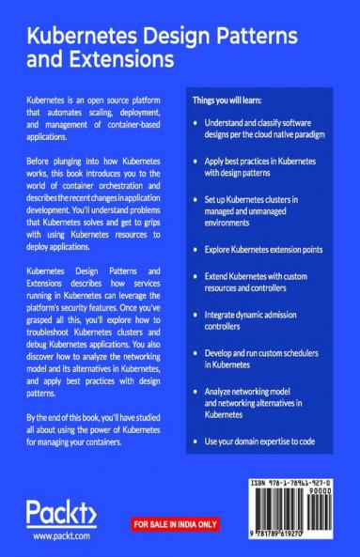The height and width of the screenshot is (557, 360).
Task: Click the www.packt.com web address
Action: click(x=61, y=536)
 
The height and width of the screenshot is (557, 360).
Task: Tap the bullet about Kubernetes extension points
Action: click(x=265, y=251)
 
